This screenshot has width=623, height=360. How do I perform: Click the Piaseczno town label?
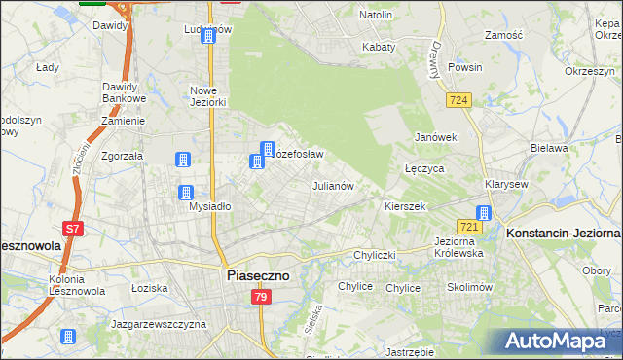(x=257, y=276)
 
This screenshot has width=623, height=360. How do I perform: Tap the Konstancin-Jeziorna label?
(x=563, y=234)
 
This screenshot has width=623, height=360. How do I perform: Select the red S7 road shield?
(x=72, y=230)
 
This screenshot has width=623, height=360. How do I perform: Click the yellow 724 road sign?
(x=460, y=100)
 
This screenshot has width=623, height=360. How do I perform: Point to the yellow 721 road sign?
(x=469, y=227)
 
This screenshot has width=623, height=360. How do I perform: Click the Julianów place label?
(x=331, y=185)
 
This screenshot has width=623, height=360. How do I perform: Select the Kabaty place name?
(x=379, y=47)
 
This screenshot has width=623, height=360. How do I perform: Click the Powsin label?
(x=464, y=68)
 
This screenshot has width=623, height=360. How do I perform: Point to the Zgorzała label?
(x=124, y=156)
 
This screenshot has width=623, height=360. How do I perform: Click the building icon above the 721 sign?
(x=484, y=213)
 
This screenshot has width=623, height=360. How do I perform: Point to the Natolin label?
(x=376, y=16)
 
